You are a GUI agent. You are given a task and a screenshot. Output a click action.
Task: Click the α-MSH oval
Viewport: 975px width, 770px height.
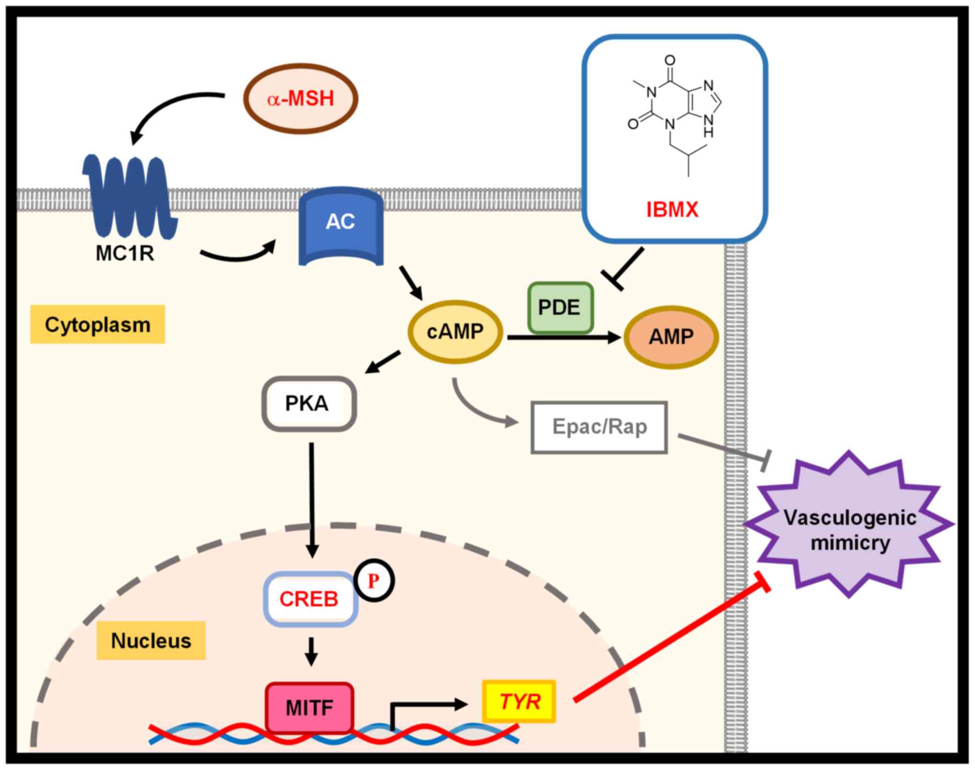tap(301, 98)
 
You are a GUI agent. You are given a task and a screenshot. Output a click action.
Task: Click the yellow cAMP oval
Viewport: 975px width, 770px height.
tap(455, 332)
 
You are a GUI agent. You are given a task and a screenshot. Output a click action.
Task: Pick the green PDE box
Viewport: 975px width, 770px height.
tap(560, 308)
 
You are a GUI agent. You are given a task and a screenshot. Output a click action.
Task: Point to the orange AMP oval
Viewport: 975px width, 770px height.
tap(671, 337)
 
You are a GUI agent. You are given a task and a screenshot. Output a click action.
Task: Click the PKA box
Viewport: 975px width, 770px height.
tap(308, 403)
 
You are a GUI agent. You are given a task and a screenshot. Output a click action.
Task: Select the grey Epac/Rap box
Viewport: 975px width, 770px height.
tap(599, 427)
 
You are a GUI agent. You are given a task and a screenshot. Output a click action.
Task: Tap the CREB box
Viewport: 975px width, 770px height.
tap(310, 599)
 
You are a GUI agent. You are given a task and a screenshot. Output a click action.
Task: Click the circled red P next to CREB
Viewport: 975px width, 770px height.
tap(374, 581)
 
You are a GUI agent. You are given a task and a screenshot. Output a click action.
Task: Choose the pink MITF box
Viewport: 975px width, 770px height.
tap(309, 708)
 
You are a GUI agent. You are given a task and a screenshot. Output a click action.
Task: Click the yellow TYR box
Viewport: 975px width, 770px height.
tap(519, 702)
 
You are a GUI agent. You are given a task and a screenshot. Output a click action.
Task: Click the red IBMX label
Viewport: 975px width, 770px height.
tap(672, 210)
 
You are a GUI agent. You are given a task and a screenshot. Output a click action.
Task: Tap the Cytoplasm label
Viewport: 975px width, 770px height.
tap(97, 325)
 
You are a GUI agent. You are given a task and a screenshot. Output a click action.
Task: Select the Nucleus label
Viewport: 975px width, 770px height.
tap(151, 640)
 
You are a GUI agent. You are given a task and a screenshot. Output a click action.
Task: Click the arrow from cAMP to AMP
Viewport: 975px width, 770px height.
tap(564, 337)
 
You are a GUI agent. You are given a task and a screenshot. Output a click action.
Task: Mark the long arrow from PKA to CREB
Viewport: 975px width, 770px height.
tap(312, 499)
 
